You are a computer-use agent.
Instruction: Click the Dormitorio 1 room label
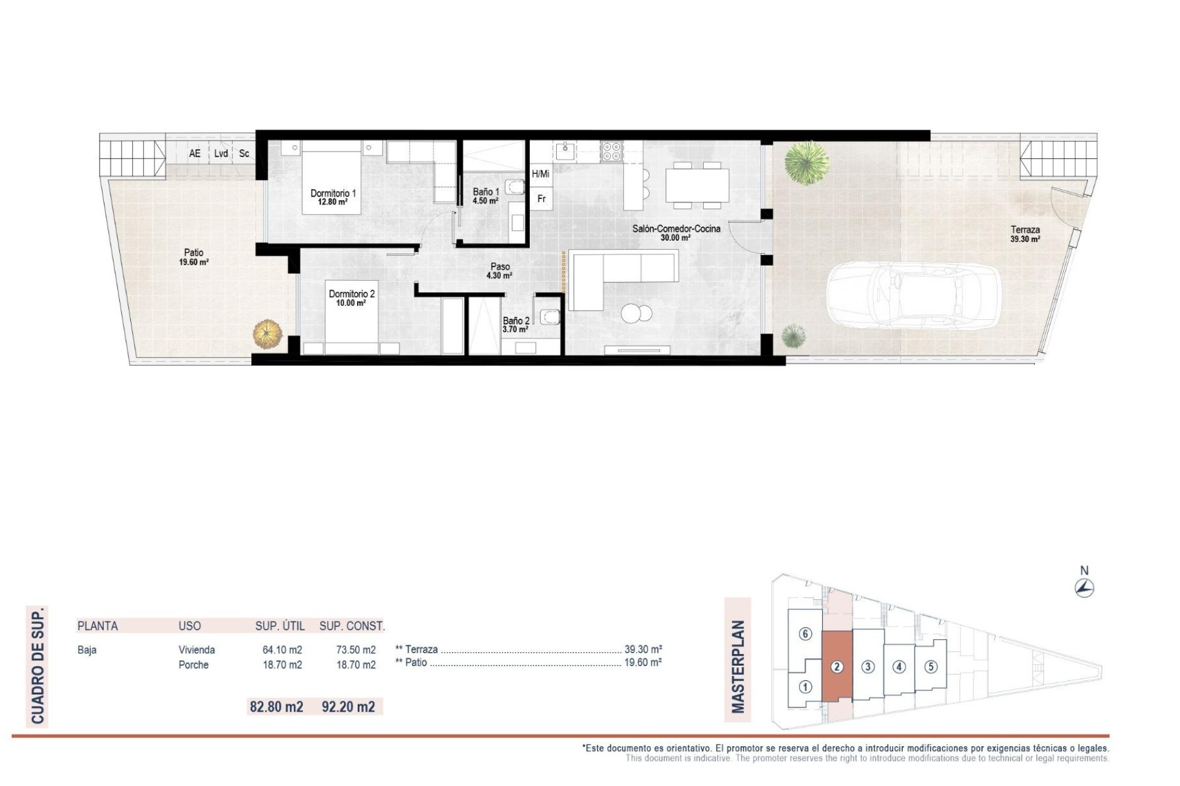pos(333,196)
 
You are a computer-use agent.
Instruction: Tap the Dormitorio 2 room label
pos(351,298)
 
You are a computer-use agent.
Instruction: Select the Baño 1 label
pos(486,196)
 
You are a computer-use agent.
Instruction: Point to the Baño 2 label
pos(516,324)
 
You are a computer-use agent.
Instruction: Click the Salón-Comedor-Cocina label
pos(676,233)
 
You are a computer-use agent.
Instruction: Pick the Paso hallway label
pos(500,271)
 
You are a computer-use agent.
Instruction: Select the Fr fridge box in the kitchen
pos(541,199)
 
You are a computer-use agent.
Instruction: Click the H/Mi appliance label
pos(541,174)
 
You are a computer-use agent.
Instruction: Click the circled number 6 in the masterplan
pos(805,634)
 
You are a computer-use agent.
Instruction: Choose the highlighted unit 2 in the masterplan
pos(837,666)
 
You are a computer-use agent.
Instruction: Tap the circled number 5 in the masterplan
pos(930,666)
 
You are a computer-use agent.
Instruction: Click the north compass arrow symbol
pos(1085,588)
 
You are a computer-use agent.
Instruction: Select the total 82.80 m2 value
pos(277,707)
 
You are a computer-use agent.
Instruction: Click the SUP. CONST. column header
pos(352,626)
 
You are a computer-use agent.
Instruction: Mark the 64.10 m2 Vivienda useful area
pos(282,650)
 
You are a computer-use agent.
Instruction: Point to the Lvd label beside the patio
pos(221,154)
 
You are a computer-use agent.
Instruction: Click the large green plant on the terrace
pos(807,161)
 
